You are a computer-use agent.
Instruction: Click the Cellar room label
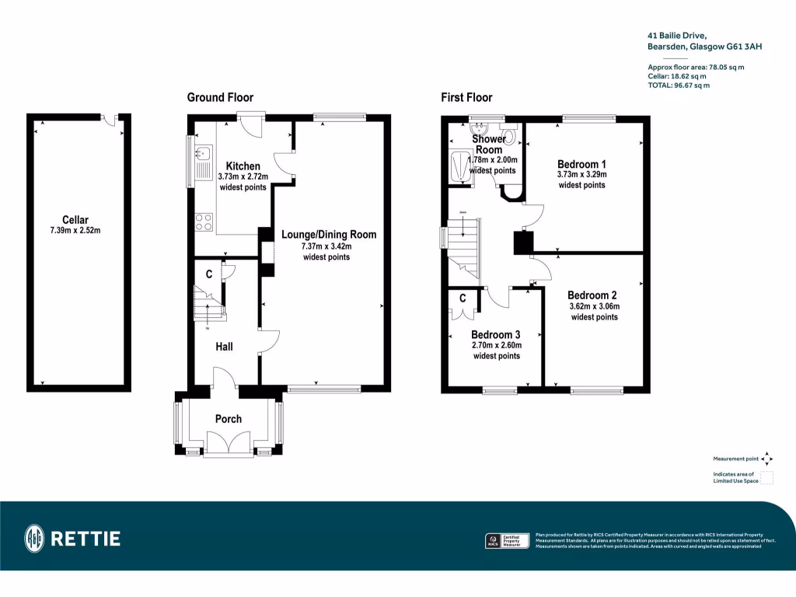(75, 220)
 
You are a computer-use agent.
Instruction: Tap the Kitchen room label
(243, 166)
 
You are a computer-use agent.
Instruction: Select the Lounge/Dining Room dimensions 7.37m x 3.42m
(326, 246)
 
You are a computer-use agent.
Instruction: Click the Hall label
(224, 347)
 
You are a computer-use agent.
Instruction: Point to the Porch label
(229, 419)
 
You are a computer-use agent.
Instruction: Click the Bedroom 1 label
(581, 164)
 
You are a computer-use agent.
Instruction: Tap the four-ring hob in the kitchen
(204, 222)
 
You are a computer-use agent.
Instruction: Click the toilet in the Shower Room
(511, 138)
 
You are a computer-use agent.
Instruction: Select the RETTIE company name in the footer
(86, 538)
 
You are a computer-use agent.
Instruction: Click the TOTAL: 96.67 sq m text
(678, 86)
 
